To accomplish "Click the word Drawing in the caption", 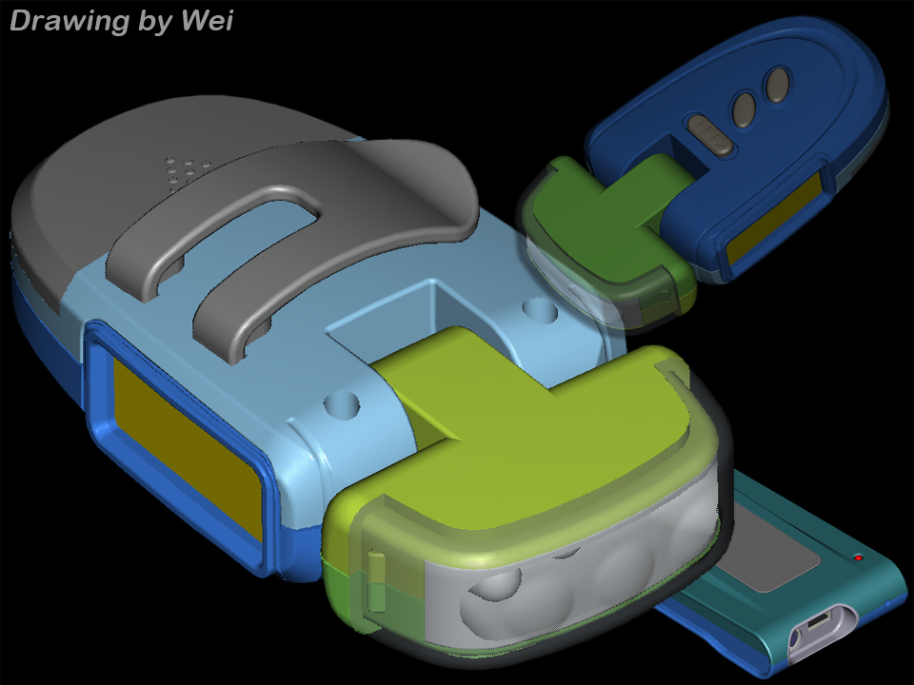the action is click(x=68, y=22).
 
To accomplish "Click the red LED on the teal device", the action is click(x=858, y=558).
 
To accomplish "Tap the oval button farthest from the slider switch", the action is click(x=778, y=85).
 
